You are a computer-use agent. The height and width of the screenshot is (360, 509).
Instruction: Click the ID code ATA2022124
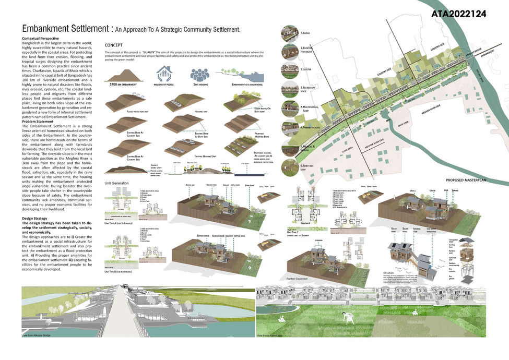[x=463, y=14]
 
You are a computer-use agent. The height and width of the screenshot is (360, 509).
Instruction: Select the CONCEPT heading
[x=114, y=45]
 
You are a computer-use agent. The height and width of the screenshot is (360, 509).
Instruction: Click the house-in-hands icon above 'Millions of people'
[x=164, y=72]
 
